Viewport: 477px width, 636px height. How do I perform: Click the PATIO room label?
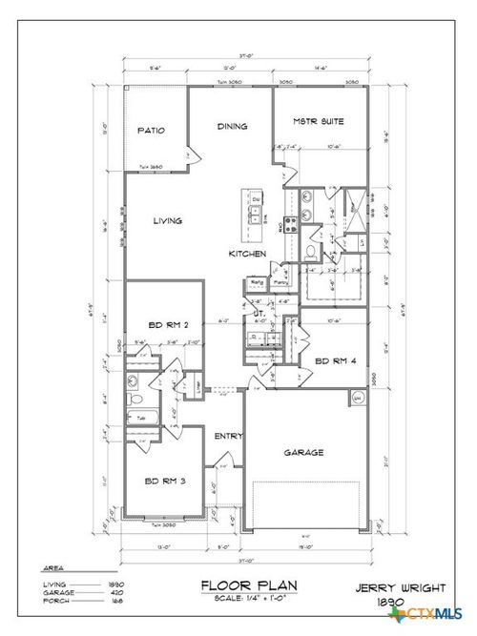pos(152,131)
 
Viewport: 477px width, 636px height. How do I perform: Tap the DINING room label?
pos(232,126)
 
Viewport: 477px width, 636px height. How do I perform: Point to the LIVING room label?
pos(167,220)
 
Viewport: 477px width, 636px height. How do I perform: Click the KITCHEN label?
pos(246,255)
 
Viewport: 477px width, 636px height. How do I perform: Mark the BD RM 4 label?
pos(334,360)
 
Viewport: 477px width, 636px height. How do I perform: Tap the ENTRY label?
pos(229,436)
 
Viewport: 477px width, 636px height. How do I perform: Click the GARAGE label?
pos(302,453)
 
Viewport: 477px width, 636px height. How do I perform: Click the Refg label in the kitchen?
pos(257,282)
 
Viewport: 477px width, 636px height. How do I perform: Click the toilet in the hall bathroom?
pos(135,400)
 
